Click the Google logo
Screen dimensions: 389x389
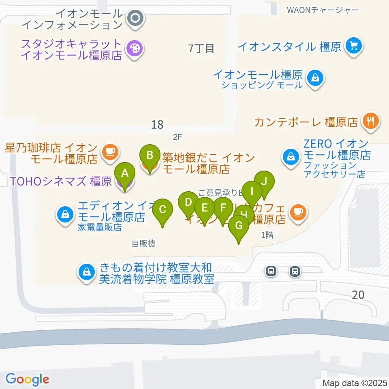(x=27, y=379)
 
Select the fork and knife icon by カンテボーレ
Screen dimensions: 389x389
(x=371, y=121)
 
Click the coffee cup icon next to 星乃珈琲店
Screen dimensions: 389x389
(x=110, y=152)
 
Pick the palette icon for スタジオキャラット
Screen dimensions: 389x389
(x=133, y=49)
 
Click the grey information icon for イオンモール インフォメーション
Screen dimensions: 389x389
(x=134, y=18)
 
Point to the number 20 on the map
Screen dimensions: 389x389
(x=358, y=295)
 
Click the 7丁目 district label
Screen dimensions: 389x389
(x=201, y=49)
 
